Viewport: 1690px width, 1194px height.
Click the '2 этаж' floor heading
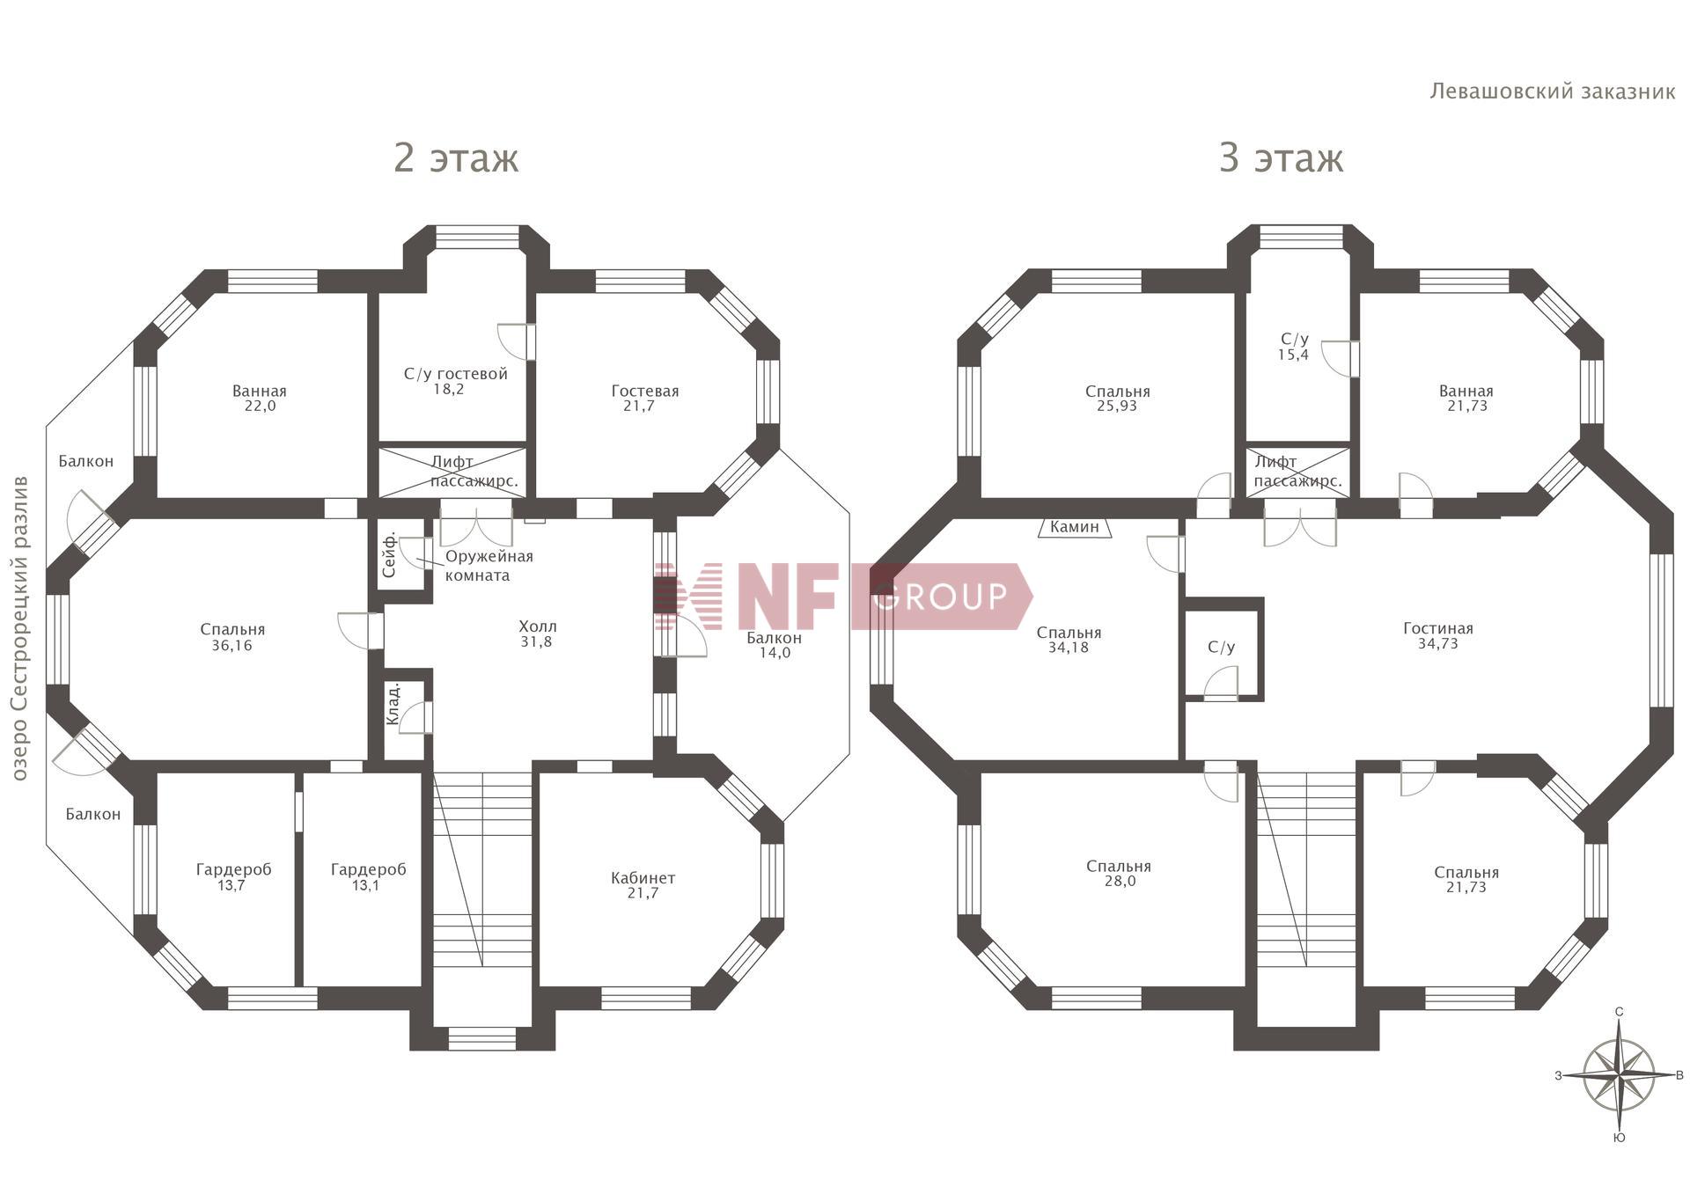coord(456,158)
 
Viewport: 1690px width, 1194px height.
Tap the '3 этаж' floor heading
coord(1281,158)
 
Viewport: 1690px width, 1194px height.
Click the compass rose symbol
coord(1619,1075)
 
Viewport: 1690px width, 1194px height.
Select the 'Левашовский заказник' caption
coord(1553,92)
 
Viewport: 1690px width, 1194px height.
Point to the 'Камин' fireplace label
coord(1075,527)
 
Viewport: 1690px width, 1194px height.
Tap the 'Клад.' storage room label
coord(393,704)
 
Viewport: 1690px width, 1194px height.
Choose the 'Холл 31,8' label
coord(537,634)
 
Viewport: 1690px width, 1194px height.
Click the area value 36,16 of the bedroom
coord(232,645)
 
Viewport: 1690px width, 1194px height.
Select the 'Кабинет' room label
coord(643,877)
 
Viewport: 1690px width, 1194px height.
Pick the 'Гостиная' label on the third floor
coord(1438,628)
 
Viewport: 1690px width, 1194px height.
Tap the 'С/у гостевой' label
coord(456,374)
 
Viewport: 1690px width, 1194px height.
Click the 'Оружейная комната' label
coord(489,566)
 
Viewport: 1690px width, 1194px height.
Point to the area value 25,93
coord(1118,406)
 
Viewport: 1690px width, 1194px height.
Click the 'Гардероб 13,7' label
coord(233,877)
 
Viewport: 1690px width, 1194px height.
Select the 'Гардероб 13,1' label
coord(368,877)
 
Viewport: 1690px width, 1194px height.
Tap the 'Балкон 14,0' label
coord(774,645)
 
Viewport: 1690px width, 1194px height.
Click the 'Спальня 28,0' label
coord(1119,873)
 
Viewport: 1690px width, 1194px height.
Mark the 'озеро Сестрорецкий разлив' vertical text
coord(20,628)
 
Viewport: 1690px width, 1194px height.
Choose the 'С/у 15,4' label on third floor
coord(1294,347)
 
